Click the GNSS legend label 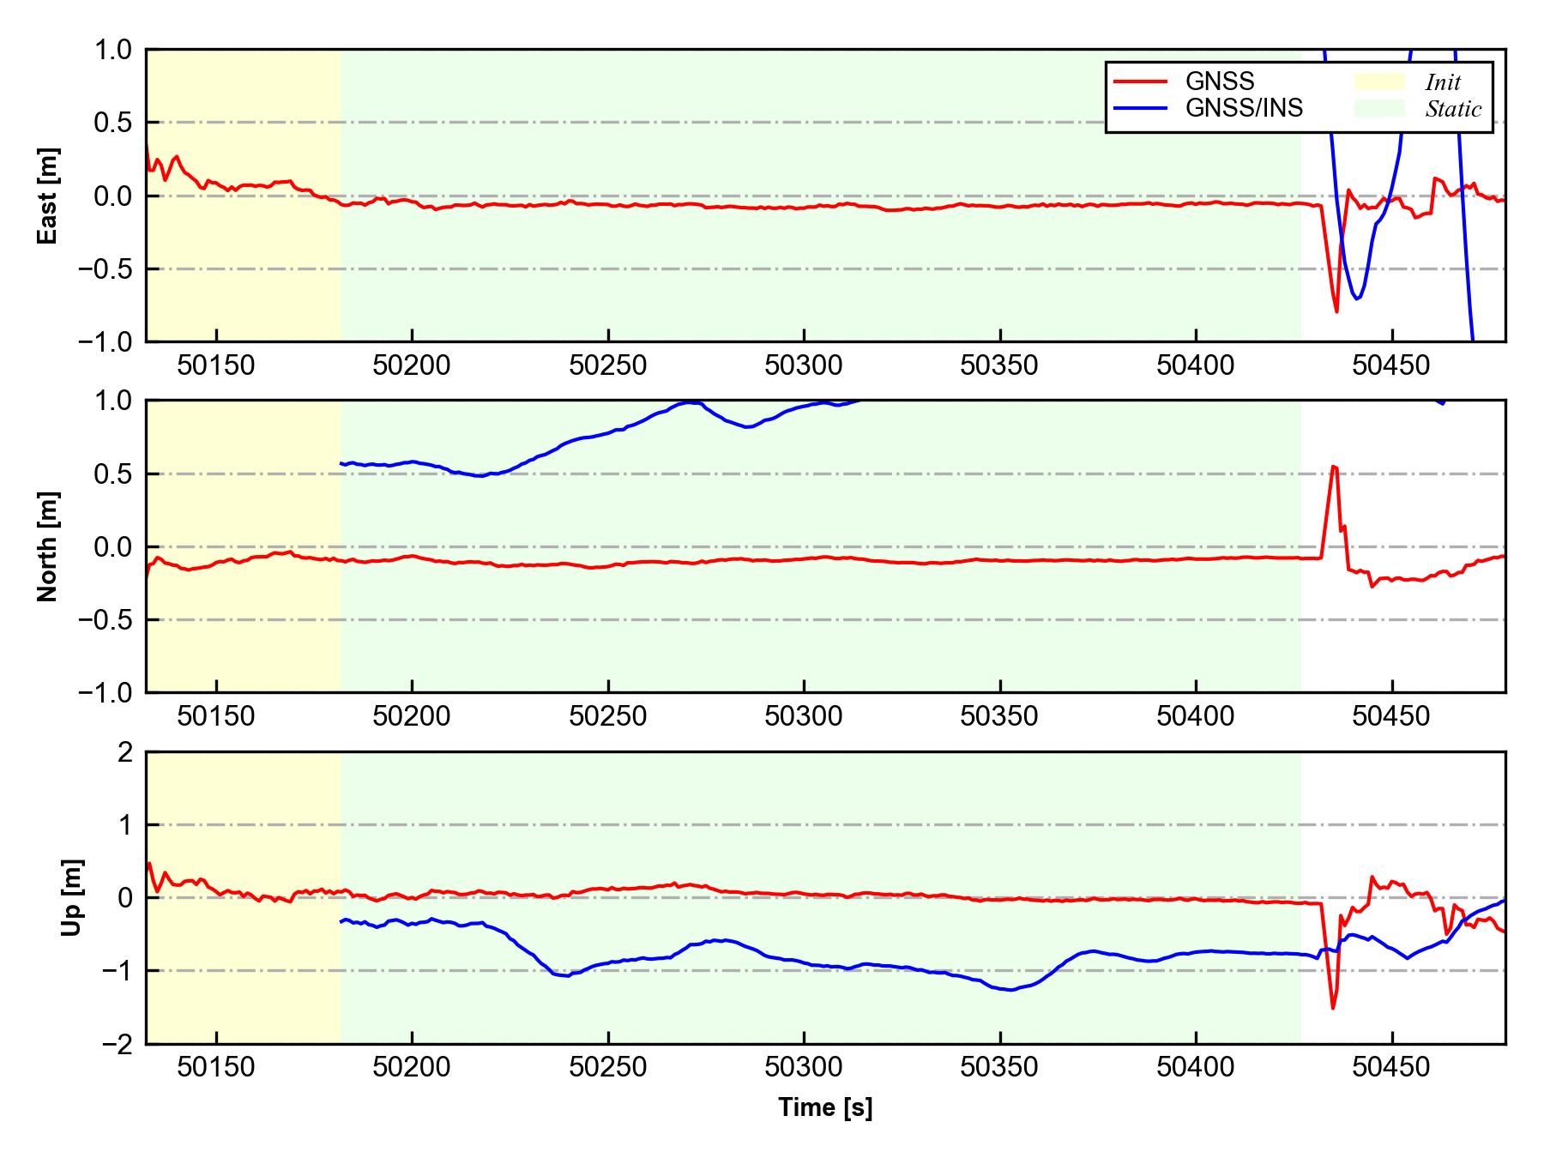click(x=1220, y=81)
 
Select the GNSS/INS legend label click(x=1244, y=108)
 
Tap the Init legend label click(x=1443, y=82)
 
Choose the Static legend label click(x=1453, y=109)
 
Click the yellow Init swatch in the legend click(x=1379, y=81)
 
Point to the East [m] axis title click(x=48, y=196)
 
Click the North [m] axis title click(x=48, y=546)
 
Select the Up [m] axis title click(x=72, y=897)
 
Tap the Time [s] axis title click(x=825, y=1107)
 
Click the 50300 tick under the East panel click(x=804, y=366)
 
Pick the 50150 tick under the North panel click(x=216, y=716)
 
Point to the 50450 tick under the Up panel click(x=1391, y=1068)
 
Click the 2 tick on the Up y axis click(x=125, y=752)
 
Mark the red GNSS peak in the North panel click(x=1334, y=467)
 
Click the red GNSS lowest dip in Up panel click(x=1333, y=1008)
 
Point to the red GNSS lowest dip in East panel click(x=1336, y=311)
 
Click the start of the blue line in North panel click(x=341, y=463)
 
